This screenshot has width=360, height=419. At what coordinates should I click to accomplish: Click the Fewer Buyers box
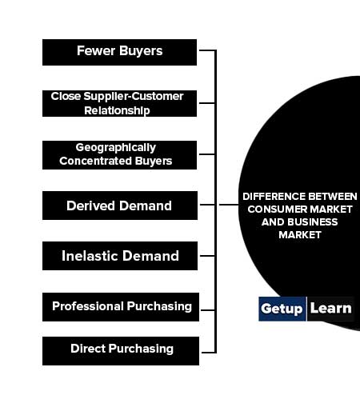(119, 53)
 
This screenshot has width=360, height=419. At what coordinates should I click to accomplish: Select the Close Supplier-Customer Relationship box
(119, 103)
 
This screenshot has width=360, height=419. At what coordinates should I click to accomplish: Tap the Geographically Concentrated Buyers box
(119, 155)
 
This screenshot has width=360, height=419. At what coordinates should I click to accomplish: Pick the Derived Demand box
(120, 206)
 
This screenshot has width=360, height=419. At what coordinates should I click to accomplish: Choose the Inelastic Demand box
(120, 256)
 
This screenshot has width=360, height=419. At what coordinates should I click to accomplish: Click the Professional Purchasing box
(121, 307)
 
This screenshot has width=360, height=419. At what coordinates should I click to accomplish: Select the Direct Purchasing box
(121, 351)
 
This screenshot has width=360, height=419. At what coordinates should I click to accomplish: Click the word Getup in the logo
(282, 309)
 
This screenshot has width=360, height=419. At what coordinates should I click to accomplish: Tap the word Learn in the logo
(331, 309)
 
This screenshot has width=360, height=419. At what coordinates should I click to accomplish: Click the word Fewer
(96, 50)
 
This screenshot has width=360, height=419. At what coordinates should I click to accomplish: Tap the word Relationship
(117, 110)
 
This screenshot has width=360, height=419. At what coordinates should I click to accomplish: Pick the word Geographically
(116, 147)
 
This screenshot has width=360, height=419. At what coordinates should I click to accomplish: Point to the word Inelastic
(90, 256)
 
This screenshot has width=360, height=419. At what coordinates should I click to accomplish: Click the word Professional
(88, 306)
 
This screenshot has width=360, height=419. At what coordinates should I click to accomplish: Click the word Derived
(91, 206)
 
